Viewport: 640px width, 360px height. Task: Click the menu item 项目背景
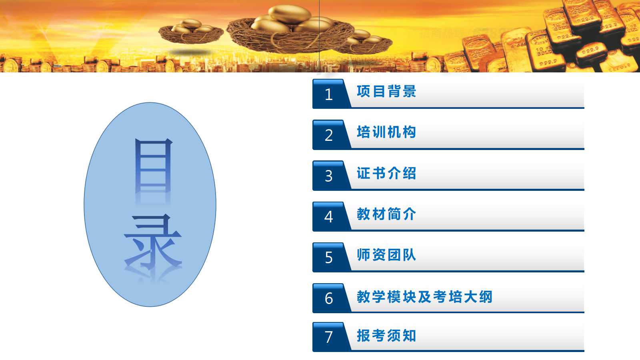[x=386, y=92]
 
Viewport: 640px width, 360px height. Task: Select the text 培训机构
[x=386, y=132]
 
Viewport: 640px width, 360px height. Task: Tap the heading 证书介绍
[x=386, y=173]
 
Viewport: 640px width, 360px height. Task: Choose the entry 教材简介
[x=386, y=214]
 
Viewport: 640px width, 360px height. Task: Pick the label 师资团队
[x=386, y=255]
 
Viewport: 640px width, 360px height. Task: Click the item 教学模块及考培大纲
[x=424, y=296]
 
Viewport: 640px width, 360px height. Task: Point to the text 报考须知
[x=386, y=336]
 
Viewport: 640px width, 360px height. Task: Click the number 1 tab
[x=328, y=94]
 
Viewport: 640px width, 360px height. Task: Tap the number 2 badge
[x=328, y=135]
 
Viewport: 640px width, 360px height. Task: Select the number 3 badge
[x=328, y=176]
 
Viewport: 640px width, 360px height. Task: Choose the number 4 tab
[x=328, y=216]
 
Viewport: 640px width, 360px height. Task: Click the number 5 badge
[x=328, y=258]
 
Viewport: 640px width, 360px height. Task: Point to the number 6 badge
[x=328, y=298]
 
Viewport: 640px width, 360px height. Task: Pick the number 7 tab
[x=328, y=337]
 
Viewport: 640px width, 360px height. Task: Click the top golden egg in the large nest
[x=290, y=14]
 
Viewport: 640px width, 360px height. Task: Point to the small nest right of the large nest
[x=364, y=42]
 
